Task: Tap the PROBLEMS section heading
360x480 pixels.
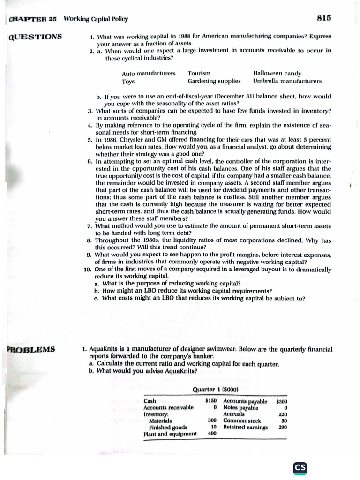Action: point(31,349)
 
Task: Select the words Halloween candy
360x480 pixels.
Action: point(277,74)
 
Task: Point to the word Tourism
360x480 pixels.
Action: point(199,74)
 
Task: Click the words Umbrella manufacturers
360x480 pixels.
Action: point(287,81)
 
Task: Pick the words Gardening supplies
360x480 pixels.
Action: point(214,81)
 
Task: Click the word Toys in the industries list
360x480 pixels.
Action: point(128,82)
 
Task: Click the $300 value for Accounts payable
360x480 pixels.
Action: point(282,402)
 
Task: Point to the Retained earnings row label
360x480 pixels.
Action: point(242,427)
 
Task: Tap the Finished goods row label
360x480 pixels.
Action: point(168,427)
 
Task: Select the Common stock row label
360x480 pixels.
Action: point(242,421)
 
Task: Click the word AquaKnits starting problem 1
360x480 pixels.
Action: point(103,349)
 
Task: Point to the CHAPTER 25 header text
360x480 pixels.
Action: point(33,19)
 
